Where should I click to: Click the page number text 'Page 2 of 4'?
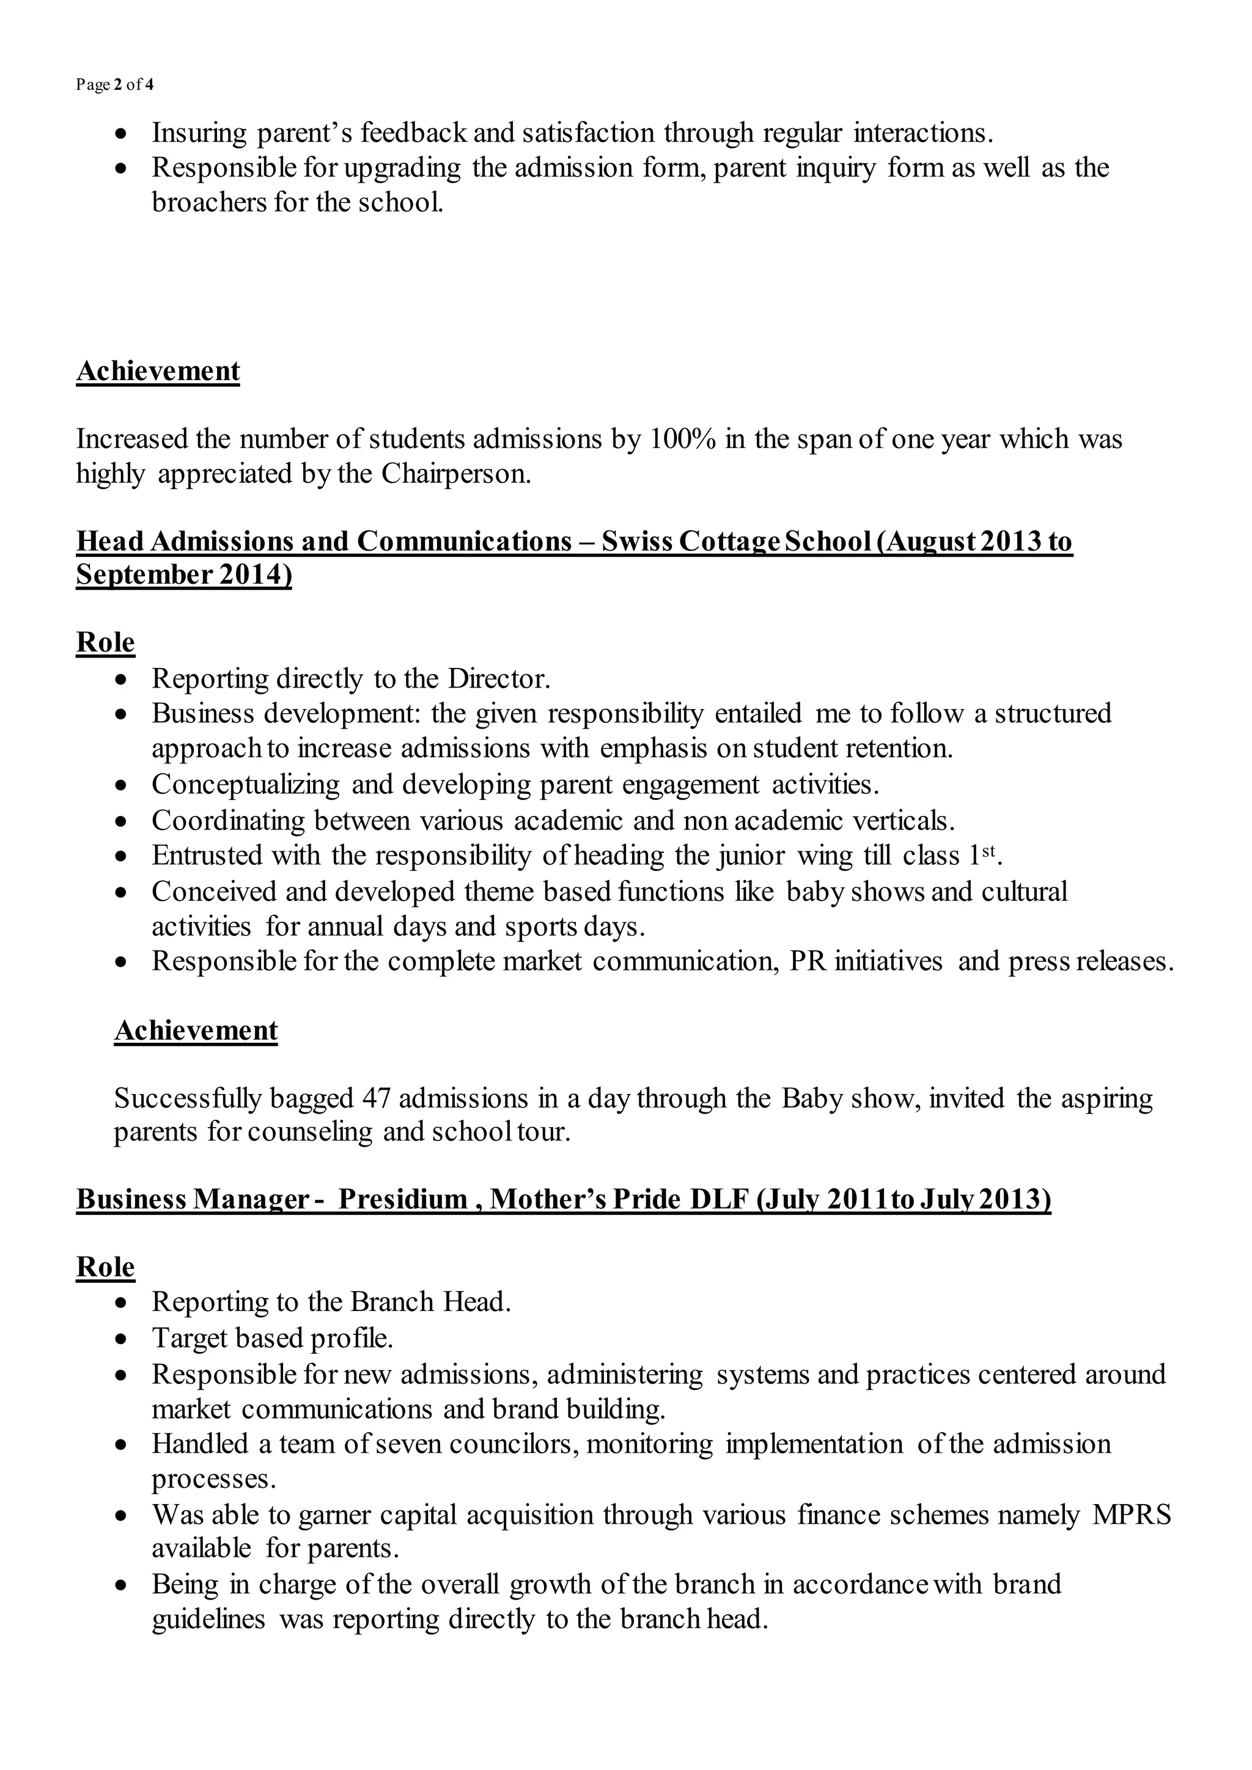(x=114, y=85)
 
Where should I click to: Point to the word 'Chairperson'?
(x=454, y=473)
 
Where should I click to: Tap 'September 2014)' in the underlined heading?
(x=183, y=575)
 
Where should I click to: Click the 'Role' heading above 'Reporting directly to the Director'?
(x=105, y=642)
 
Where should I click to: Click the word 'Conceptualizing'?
(x=245, y=784)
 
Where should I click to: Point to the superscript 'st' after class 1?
(x=989, y=850)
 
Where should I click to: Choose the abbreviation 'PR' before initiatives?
(x=807, y=961)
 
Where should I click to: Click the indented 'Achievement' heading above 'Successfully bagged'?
(x=196, y=1030)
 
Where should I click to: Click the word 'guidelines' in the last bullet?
(x=208, y=1619)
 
